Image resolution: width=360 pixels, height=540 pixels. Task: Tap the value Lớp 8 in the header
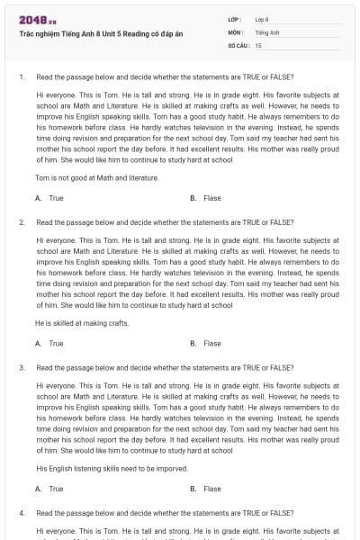[262, 18]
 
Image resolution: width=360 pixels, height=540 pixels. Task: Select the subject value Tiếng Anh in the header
[265, 31]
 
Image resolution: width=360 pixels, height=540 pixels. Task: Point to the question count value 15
[258, 44]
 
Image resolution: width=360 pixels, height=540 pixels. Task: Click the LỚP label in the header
[234, 18]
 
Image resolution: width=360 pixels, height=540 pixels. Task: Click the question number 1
[21, 77]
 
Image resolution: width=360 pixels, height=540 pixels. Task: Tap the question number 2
[21, 221]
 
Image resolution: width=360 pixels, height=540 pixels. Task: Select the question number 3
[21, 367]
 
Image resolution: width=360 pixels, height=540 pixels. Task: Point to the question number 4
[21, 512]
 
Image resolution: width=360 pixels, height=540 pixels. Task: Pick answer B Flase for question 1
[206, 198]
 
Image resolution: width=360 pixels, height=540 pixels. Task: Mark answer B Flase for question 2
[206, 343]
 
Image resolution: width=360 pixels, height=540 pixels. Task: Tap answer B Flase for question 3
[206, 489]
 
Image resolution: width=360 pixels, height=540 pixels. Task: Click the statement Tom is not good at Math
[96, 178]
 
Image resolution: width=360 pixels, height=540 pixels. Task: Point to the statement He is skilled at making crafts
[82, 323]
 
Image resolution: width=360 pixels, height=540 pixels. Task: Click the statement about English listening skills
[111, 469]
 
